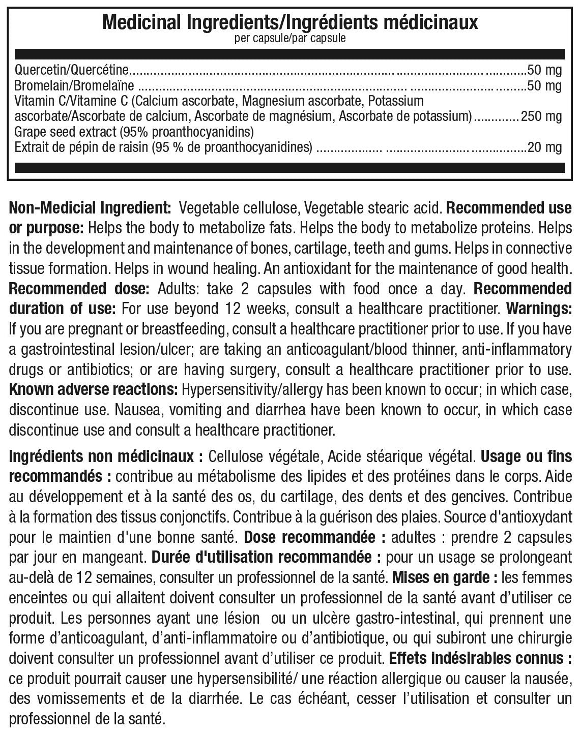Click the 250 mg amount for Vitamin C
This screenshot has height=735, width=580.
[x=541, y=116]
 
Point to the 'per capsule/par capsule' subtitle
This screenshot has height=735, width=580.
[x=290, y=39]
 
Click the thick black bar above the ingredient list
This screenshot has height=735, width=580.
[x=290, y=54]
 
